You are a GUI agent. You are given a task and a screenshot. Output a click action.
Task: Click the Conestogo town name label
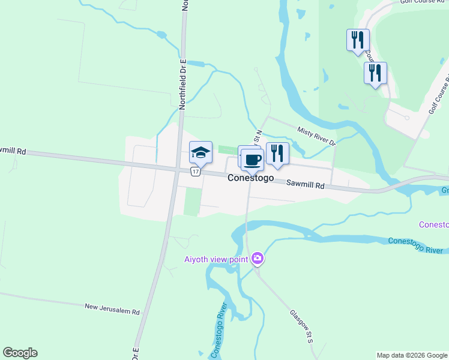(251, 178)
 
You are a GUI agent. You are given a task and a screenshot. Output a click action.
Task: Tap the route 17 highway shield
(194, 172)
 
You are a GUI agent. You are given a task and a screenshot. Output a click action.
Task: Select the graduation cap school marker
(201, 153)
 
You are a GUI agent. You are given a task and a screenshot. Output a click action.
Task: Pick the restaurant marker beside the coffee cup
(277, 154)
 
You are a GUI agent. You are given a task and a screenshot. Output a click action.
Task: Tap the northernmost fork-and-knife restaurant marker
(358, 40)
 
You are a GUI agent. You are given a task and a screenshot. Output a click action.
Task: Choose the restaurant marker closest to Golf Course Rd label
(375, 73)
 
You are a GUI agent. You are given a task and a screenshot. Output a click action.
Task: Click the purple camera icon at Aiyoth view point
(258, 258)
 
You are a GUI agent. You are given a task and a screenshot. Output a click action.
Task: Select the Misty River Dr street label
(316, 136)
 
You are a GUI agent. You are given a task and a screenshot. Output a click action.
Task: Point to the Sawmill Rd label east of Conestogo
(305, 186)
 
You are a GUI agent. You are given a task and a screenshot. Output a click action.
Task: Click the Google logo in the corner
(20, 353)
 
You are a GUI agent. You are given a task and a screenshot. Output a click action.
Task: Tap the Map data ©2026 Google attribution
(412, 355)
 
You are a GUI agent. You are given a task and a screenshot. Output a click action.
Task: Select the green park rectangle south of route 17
(191, 201)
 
